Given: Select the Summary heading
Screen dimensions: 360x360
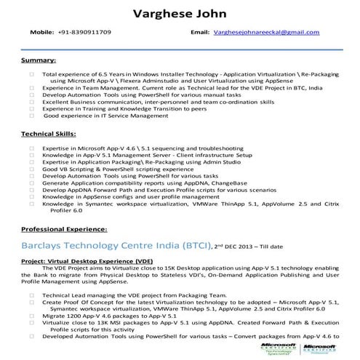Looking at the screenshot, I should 38,59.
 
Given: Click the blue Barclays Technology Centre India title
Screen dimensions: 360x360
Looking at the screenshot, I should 116,247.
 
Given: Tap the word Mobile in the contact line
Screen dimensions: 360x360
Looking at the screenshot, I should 41,33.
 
